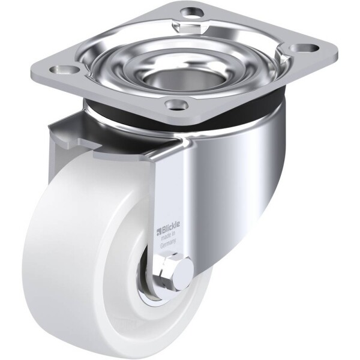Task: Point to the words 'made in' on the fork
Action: click(168, 236)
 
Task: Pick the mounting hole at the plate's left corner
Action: click(63, 70)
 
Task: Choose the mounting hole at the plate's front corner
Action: click(177, 104)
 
